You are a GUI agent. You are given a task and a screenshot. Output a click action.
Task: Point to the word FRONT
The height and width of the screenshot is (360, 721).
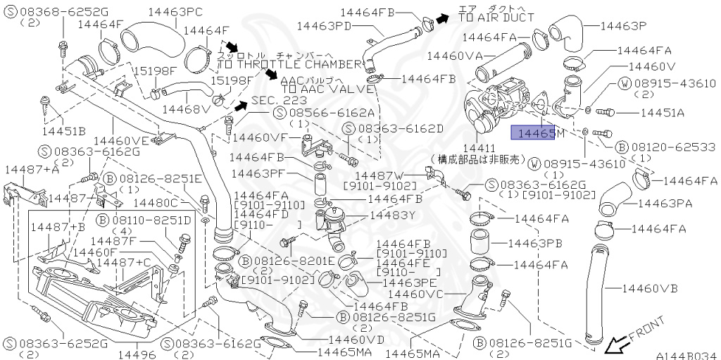click(646, 330)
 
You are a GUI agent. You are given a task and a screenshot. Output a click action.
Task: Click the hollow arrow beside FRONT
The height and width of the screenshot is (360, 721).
click(617, 345)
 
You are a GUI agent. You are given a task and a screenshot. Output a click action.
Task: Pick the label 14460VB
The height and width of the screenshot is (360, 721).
click(650, 288)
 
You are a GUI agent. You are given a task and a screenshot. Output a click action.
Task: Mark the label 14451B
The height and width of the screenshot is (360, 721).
click(63, 130)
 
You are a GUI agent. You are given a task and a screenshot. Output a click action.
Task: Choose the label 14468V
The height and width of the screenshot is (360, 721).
click(186, 109)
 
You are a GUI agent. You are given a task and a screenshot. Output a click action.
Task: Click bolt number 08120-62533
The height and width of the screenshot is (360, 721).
click(672, 147)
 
